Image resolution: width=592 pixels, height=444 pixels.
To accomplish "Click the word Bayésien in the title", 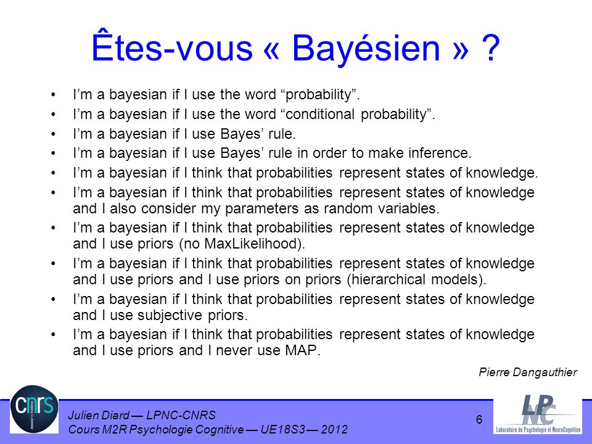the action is pos(366,48).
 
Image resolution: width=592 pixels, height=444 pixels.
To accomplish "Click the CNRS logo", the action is pos(35,409).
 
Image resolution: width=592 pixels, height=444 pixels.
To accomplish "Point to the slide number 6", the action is pos(479,419).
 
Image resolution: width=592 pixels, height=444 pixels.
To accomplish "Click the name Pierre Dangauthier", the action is pos(528,372).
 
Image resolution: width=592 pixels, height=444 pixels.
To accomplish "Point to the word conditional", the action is pos(320,114).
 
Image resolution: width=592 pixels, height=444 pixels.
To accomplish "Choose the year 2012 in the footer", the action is pos(334,430).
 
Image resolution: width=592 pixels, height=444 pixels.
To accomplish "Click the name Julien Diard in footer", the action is pos(98,415).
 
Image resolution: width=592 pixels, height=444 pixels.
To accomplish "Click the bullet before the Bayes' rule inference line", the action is pos(53,154).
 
